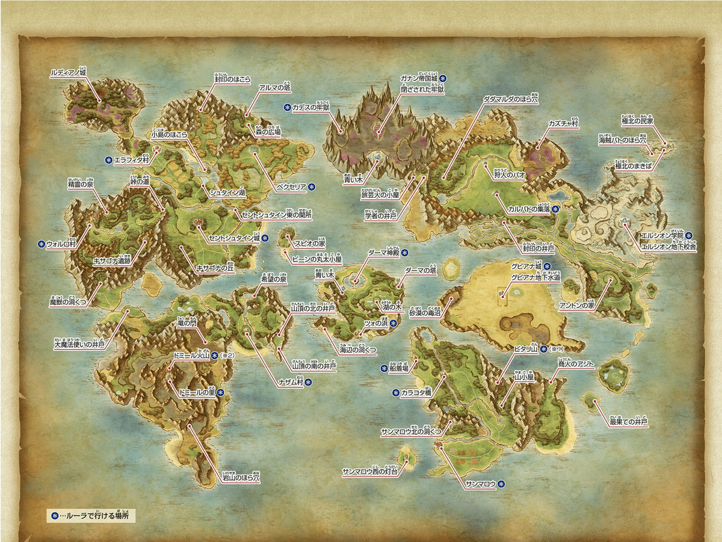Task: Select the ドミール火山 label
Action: click(x=191, y=356)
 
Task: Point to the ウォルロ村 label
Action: click(x=63, y=245)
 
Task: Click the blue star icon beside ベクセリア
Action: click(x=312, y=187)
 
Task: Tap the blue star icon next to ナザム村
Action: click(x=308, y=382)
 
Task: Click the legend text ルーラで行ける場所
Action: click(x=97, y=516)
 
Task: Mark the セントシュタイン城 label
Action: click(x=234, y=238)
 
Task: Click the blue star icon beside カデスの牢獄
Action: click(x=286, y=108)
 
